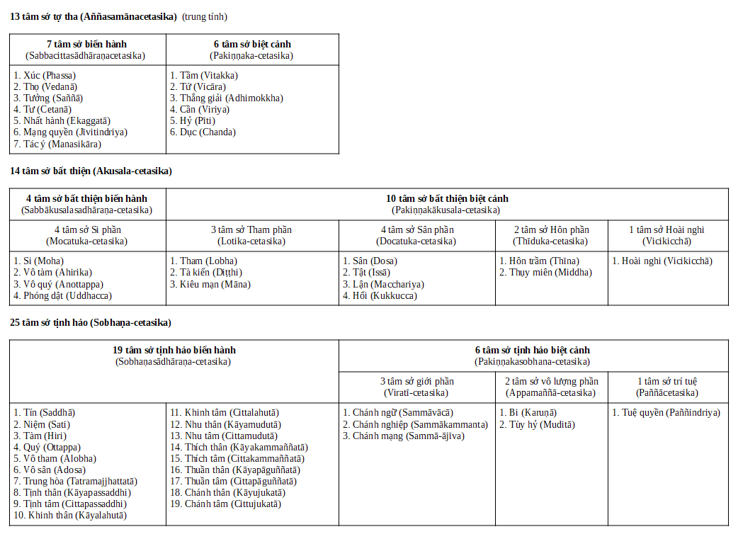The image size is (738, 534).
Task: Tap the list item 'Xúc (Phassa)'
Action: click(45, 75)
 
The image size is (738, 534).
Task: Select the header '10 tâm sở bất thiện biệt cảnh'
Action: click(446, 199)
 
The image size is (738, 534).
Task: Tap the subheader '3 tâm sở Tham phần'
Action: click(251, 230)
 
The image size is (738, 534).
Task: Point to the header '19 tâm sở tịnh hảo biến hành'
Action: click(174, 351)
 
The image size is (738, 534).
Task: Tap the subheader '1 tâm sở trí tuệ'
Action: click(668, 382)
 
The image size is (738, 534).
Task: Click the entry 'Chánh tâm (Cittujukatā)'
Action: click(225, 504)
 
